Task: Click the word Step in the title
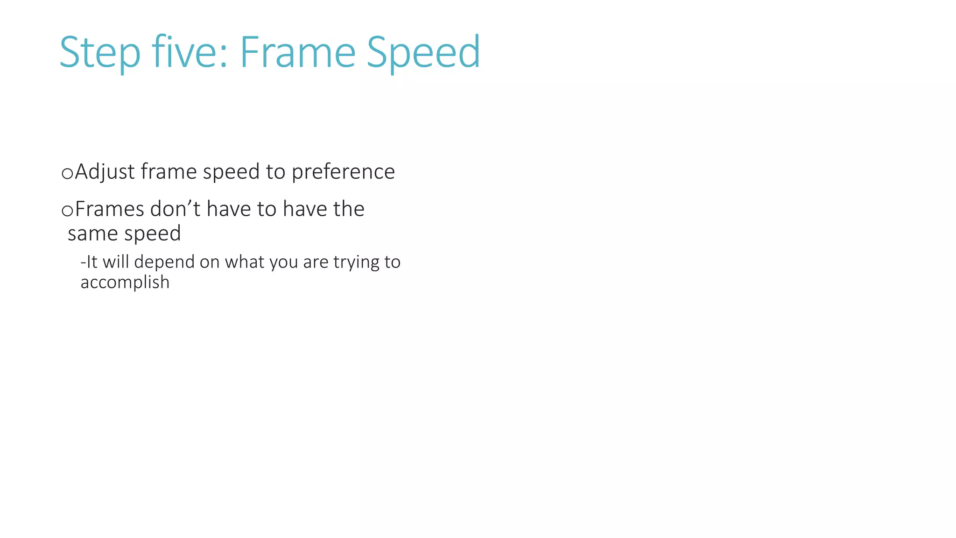click(x=99, y=52)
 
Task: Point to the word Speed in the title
click(x=423, y=52)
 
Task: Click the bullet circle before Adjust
click(x=67, y=173)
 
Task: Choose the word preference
click(x=343, y=172)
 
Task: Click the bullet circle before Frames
click(x=67, y=211)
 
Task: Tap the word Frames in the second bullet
click(x=109, y=209)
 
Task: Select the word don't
click(x=175, y=209)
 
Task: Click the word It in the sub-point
click(x=92, y=262)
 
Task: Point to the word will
click(x=116, y=262)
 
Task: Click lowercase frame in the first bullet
click(x=169, y=172)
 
